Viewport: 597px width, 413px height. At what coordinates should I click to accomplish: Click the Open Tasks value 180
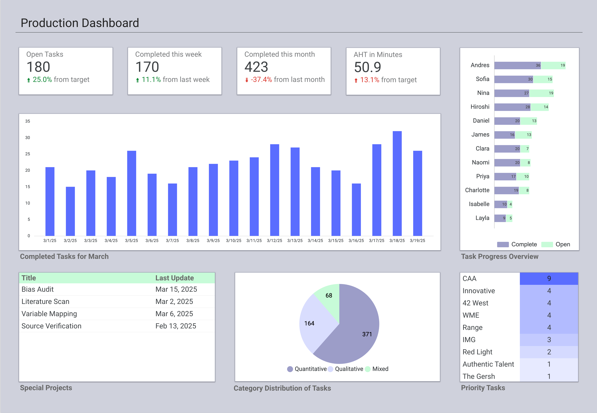(38, 67)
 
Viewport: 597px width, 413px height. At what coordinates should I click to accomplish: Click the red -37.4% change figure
(261, 80)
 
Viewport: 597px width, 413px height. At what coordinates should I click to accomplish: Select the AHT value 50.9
(368, 67)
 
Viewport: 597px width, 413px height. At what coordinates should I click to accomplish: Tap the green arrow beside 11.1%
(137, 80)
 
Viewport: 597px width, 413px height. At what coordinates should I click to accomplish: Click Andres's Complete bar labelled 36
(518, 66)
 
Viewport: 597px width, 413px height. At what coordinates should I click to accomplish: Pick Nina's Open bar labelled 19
(542, 93)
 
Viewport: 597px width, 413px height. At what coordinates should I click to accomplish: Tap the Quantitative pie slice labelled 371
(360, 334)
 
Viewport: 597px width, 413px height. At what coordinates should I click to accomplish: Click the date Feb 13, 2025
(176, 326)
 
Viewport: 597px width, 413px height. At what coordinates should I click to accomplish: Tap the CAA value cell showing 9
(549, 278)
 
